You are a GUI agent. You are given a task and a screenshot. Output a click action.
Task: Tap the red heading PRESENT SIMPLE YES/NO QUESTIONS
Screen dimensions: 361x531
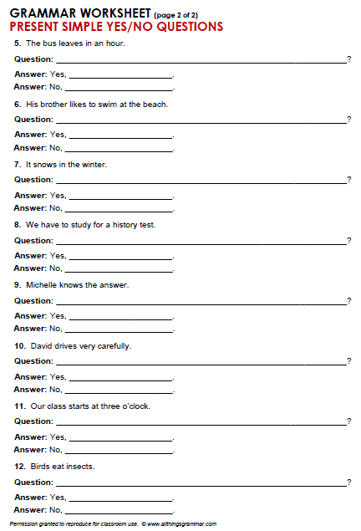click(x=116, y=27)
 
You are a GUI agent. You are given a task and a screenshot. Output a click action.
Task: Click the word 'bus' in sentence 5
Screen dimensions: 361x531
click(x=48, y=43)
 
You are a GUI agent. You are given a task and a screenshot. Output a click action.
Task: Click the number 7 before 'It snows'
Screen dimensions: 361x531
click(x=17, y=165)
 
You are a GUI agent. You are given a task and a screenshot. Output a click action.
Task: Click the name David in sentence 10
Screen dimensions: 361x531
click(x=42, y=345)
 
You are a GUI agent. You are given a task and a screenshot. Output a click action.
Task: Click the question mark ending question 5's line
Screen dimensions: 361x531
click(x=348, y=60)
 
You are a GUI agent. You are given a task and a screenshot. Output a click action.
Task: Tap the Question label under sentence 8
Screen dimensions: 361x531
click(x=33, y=241)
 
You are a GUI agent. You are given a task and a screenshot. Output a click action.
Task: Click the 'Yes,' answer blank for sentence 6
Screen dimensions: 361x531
click(x=120, y=136)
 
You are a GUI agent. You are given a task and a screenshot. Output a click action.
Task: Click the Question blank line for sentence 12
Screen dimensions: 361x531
click(x=201, y=485)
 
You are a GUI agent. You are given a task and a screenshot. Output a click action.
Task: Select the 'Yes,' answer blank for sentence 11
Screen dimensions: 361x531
click(x=120, y=439)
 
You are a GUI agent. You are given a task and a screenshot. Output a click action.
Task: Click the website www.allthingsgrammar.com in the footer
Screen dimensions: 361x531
click(x=181, y=524)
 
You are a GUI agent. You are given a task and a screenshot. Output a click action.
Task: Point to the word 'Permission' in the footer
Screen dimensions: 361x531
click(x=24, y=524)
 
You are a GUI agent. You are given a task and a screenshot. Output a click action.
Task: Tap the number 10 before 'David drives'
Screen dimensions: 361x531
click(x=19, y=345)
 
